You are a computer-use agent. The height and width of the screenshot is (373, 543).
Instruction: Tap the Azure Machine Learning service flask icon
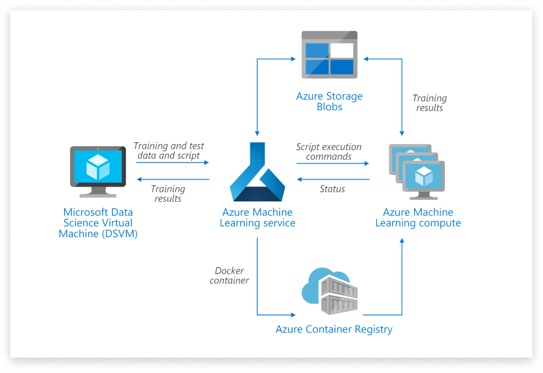pos(257,174)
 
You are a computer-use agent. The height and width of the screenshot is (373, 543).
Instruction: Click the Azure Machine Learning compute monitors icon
pos(418,172)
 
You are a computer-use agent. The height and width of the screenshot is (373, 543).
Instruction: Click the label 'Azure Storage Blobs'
pos(329,102)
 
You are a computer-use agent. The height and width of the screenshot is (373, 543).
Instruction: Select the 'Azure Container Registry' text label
pos(334,329)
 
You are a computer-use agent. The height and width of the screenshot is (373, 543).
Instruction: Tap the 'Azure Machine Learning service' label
pos(257,218)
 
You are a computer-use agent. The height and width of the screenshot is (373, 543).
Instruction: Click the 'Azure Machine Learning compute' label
pos(418,218)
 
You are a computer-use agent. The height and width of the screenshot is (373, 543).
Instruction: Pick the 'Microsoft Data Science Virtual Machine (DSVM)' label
pos(98,223)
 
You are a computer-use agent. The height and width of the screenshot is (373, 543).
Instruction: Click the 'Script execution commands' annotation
pos(329,152)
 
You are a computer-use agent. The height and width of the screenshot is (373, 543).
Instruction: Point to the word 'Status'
pos(332,189)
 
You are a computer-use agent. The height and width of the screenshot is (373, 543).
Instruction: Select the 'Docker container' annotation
pos(229,276)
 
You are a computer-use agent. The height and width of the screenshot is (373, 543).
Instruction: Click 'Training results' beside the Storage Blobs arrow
pos(429,103)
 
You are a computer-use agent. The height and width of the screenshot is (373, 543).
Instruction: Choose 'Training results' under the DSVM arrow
pos(168,194)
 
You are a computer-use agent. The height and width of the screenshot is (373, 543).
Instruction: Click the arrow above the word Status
pos(332,180)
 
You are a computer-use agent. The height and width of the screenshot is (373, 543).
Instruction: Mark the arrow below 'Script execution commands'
pos(332,163)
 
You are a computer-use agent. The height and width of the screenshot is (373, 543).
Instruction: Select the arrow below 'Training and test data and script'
pos(172,163)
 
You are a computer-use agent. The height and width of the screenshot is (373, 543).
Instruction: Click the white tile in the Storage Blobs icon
pos(341,50)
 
